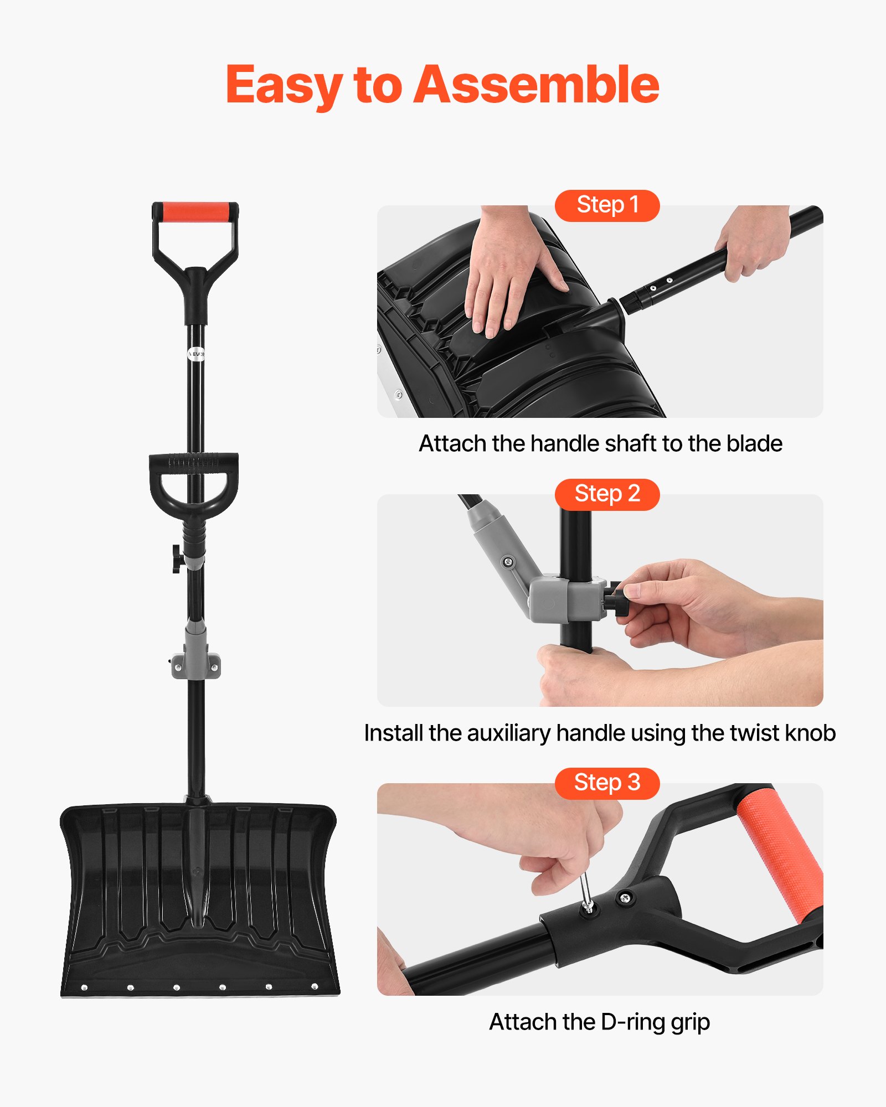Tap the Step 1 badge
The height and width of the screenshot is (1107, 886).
[607, 205]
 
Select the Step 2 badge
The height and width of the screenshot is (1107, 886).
[607, 494]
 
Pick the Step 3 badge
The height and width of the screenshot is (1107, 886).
[607, 783]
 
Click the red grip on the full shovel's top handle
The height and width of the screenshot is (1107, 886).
[195, 211]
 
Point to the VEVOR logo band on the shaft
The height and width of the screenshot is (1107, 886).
[196, 354]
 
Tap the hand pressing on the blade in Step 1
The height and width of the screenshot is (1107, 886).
[509, 277]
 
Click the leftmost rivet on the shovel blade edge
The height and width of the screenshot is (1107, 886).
[84, 987]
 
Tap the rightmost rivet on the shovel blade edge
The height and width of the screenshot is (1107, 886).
[315, 986]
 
